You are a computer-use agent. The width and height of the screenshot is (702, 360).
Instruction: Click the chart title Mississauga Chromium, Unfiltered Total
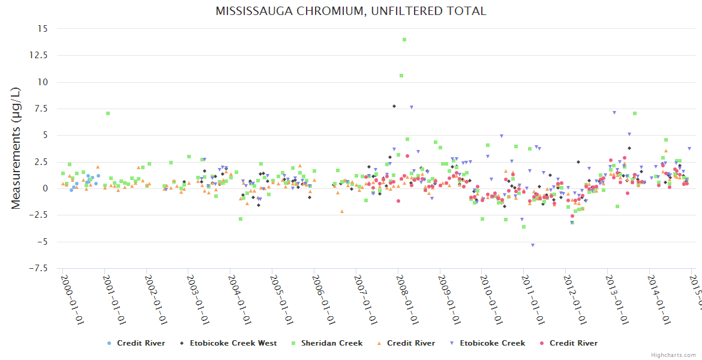tap(351, 11)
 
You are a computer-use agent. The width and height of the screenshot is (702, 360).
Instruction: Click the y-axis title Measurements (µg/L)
tap(16, 148)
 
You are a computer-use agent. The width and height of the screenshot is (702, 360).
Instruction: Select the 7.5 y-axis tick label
tap(41, 109)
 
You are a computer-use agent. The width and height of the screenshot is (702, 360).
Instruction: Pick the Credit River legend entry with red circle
tap(568, 343)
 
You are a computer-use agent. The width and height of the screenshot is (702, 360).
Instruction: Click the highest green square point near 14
tap(404, 40)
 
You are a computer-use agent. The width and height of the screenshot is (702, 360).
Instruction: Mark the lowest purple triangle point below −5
tap(532, 245)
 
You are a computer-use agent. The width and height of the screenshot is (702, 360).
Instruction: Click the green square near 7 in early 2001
tap(108, 113)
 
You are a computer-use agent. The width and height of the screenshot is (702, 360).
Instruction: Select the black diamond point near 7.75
tap(394, 106)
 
